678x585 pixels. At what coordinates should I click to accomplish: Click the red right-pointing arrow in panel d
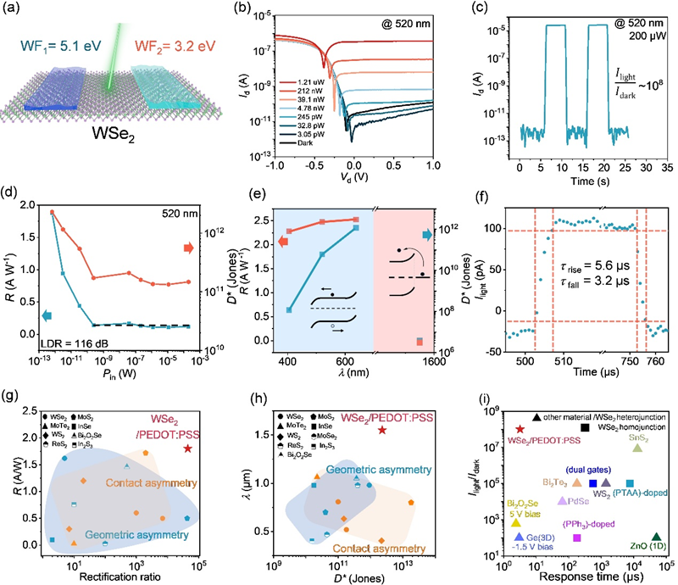coord(188,248)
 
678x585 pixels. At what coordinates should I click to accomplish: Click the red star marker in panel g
coord(186,448)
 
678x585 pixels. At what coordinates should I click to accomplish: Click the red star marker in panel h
coord(382,430)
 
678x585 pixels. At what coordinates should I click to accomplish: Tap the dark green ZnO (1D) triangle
coord(655,537)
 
